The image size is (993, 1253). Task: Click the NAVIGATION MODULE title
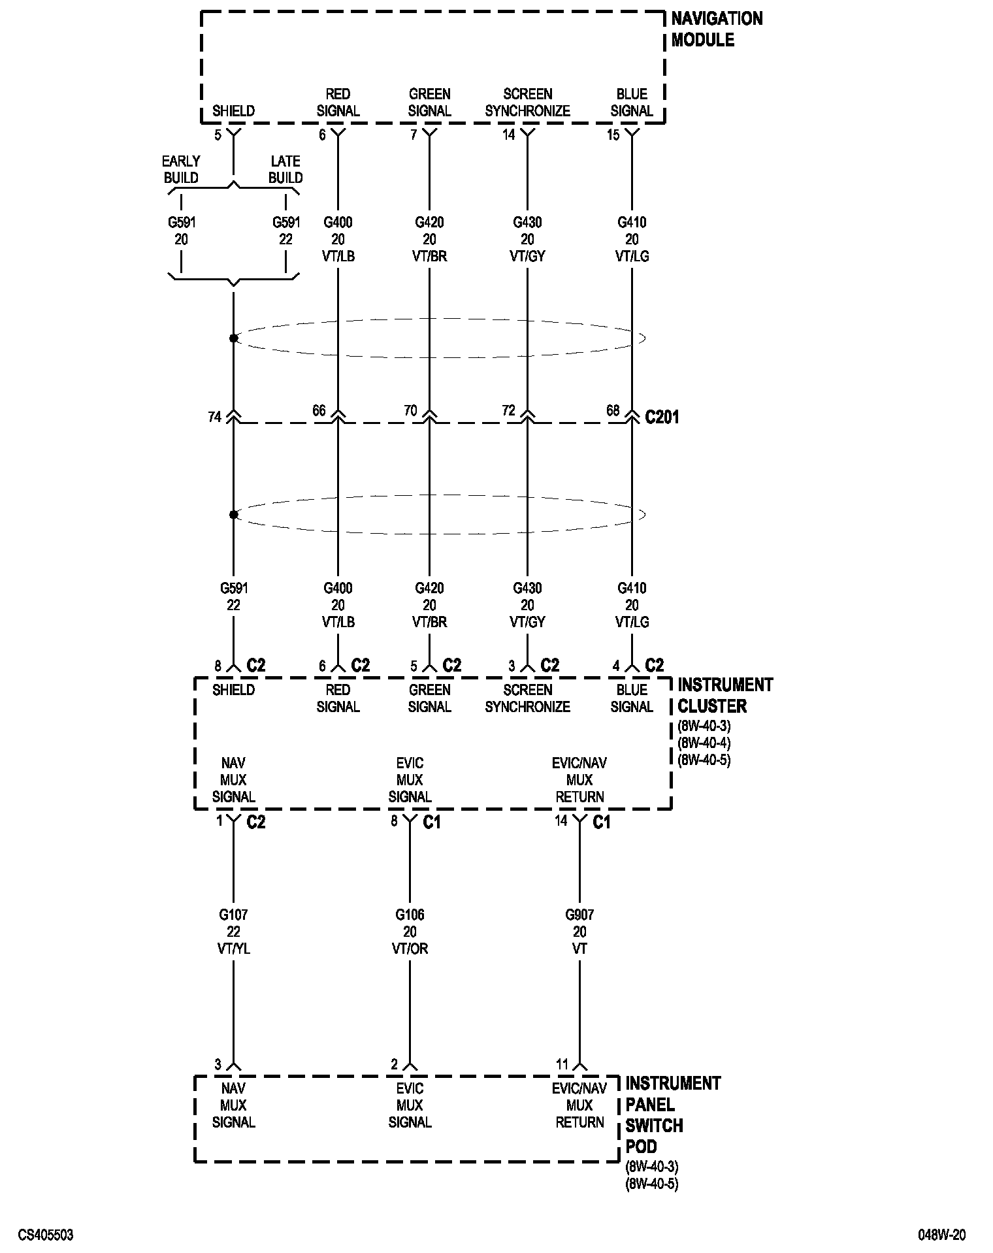click(x=717, y=29)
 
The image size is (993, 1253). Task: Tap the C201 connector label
click(x=662, y=417)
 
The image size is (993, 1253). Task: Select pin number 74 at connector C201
click(x=214, y=417)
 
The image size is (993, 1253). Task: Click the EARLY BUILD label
click(x=181, y=169)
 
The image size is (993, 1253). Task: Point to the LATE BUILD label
click(x=285, y=169)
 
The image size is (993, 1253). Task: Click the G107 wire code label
click(x=233, y=915)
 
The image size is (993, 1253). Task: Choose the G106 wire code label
click(x=410, y=915)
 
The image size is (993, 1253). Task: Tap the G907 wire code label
click(x=579, y=915)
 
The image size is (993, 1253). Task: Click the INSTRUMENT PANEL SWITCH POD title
click(x=672, y=1115)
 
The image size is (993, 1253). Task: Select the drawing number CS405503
click(x=46, y=1235)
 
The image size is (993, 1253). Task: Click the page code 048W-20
click(x=941, y=1235)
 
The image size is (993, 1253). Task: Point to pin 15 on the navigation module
click(x=613, y=136)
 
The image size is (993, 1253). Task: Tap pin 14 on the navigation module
click(x=508, y=136)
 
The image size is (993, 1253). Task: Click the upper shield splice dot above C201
click(x=233, y=338)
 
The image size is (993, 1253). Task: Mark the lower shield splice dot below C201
click(x=233, y=515)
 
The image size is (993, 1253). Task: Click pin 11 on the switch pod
click(x=562, y=1064)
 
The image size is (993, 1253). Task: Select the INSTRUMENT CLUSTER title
click(x=725, y=695)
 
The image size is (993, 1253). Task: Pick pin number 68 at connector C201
click(x=613, y=410)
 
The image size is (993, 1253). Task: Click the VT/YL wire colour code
click(x=233, y=949)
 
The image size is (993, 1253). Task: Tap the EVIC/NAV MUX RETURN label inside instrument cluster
click(x=579, y=780)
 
